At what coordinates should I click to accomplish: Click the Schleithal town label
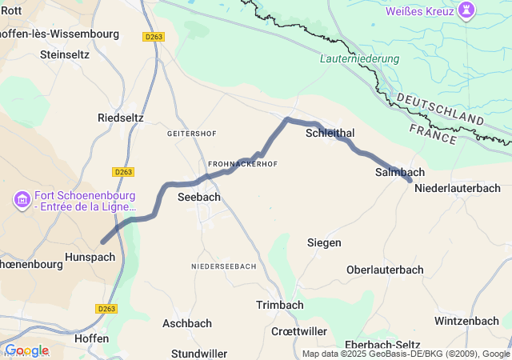tap(330, 134)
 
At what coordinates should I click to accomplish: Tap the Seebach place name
tap(198, 197)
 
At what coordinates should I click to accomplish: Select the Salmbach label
tap(399, 172)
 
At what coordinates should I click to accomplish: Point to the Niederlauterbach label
tap(458, 188)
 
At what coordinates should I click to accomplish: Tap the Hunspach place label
tap(90, 258)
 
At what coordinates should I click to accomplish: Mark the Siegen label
tap(324, 242)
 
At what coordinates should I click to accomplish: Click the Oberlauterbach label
tap(385, 270)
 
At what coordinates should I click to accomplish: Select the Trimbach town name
tap(279, 305)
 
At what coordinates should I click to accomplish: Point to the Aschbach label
tap(187, 323)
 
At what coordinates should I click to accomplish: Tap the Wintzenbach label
tap(466, 321)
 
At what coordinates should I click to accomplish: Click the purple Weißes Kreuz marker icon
tap(465, 10)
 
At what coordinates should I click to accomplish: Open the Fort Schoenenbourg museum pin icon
tap(22, 198)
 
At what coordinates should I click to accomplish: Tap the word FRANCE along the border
tap(432, 133)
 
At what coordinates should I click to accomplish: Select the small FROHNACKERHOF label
tap(243, 164)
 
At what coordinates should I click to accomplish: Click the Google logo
tap(26, 350)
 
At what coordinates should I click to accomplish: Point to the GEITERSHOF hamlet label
tap(193, 134)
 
